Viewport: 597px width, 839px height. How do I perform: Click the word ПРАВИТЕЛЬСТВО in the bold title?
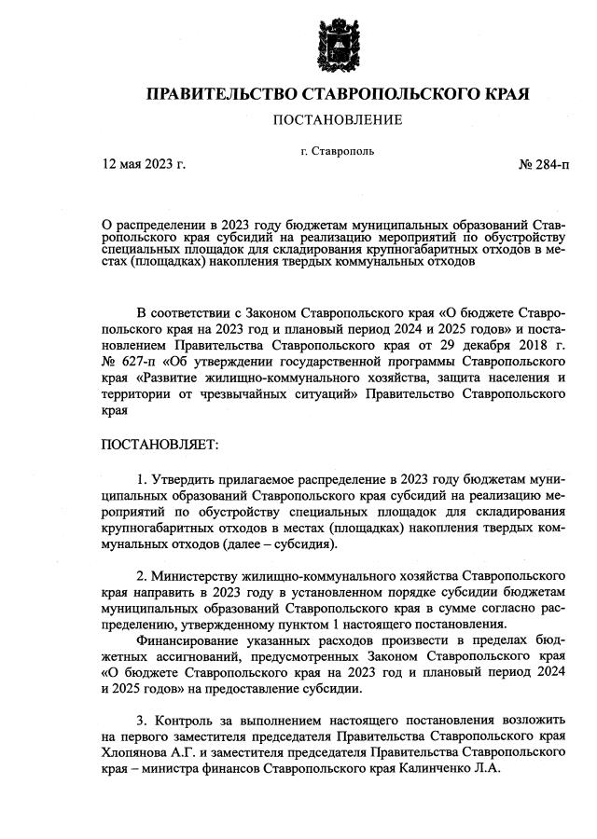click(x=217, y=94)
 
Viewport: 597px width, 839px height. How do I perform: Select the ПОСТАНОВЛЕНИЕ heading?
click(x=337, y=119)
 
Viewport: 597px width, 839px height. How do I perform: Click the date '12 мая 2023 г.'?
click(x=144, y=165)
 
